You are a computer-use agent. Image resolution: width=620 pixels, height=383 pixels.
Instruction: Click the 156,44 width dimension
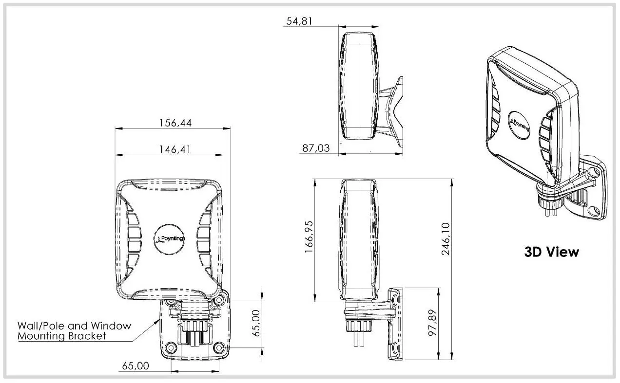(175, 123)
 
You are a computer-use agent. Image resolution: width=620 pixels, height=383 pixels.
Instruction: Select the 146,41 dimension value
(175, 149)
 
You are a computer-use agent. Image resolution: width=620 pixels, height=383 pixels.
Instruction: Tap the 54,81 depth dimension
(299, 21)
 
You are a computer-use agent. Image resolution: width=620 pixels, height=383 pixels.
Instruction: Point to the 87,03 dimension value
(316, 148)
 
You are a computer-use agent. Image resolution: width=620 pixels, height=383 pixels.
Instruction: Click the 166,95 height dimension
(309, 237)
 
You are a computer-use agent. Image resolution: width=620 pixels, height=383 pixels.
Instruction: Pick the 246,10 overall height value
(446, 239)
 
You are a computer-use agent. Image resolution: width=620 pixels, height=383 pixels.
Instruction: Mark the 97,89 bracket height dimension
(432, 323)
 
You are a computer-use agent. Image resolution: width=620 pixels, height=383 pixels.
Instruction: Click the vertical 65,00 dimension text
(256, 323)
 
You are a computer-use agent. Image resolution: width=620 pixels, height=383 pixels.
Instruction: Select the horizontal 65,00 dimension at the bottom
(136, 366)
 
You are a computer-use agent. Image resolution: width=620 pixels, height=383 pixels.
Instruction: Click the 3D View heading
(551, 252)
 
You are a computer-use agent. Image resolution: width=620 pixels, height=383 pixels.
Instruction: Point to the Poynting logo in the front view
(169, 239)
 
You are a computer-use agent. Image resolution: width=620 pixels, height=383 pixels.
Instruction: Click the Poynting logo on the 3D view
(520, 126)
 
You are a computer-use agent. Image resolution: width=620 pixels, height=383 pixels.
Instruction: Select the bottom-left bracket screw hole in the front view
(171, 347)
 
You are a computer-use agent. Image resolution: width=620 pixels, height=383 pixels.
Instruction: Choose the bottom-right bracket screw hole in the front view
(219, 347)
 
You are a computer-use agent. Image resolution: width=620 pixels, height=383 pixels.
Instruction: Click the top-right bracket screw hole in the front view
(220, 300)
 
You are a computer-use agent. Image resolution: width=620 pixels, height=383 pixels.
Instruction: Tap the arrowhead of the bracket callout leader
(158, 321)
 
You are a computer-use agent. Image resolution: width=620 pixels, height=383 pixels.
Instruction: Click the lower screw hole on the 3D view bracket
(593, 211)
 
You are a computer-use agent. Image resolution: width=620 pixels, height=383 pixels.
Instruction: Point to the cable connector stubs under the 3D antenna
(551, 211)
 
